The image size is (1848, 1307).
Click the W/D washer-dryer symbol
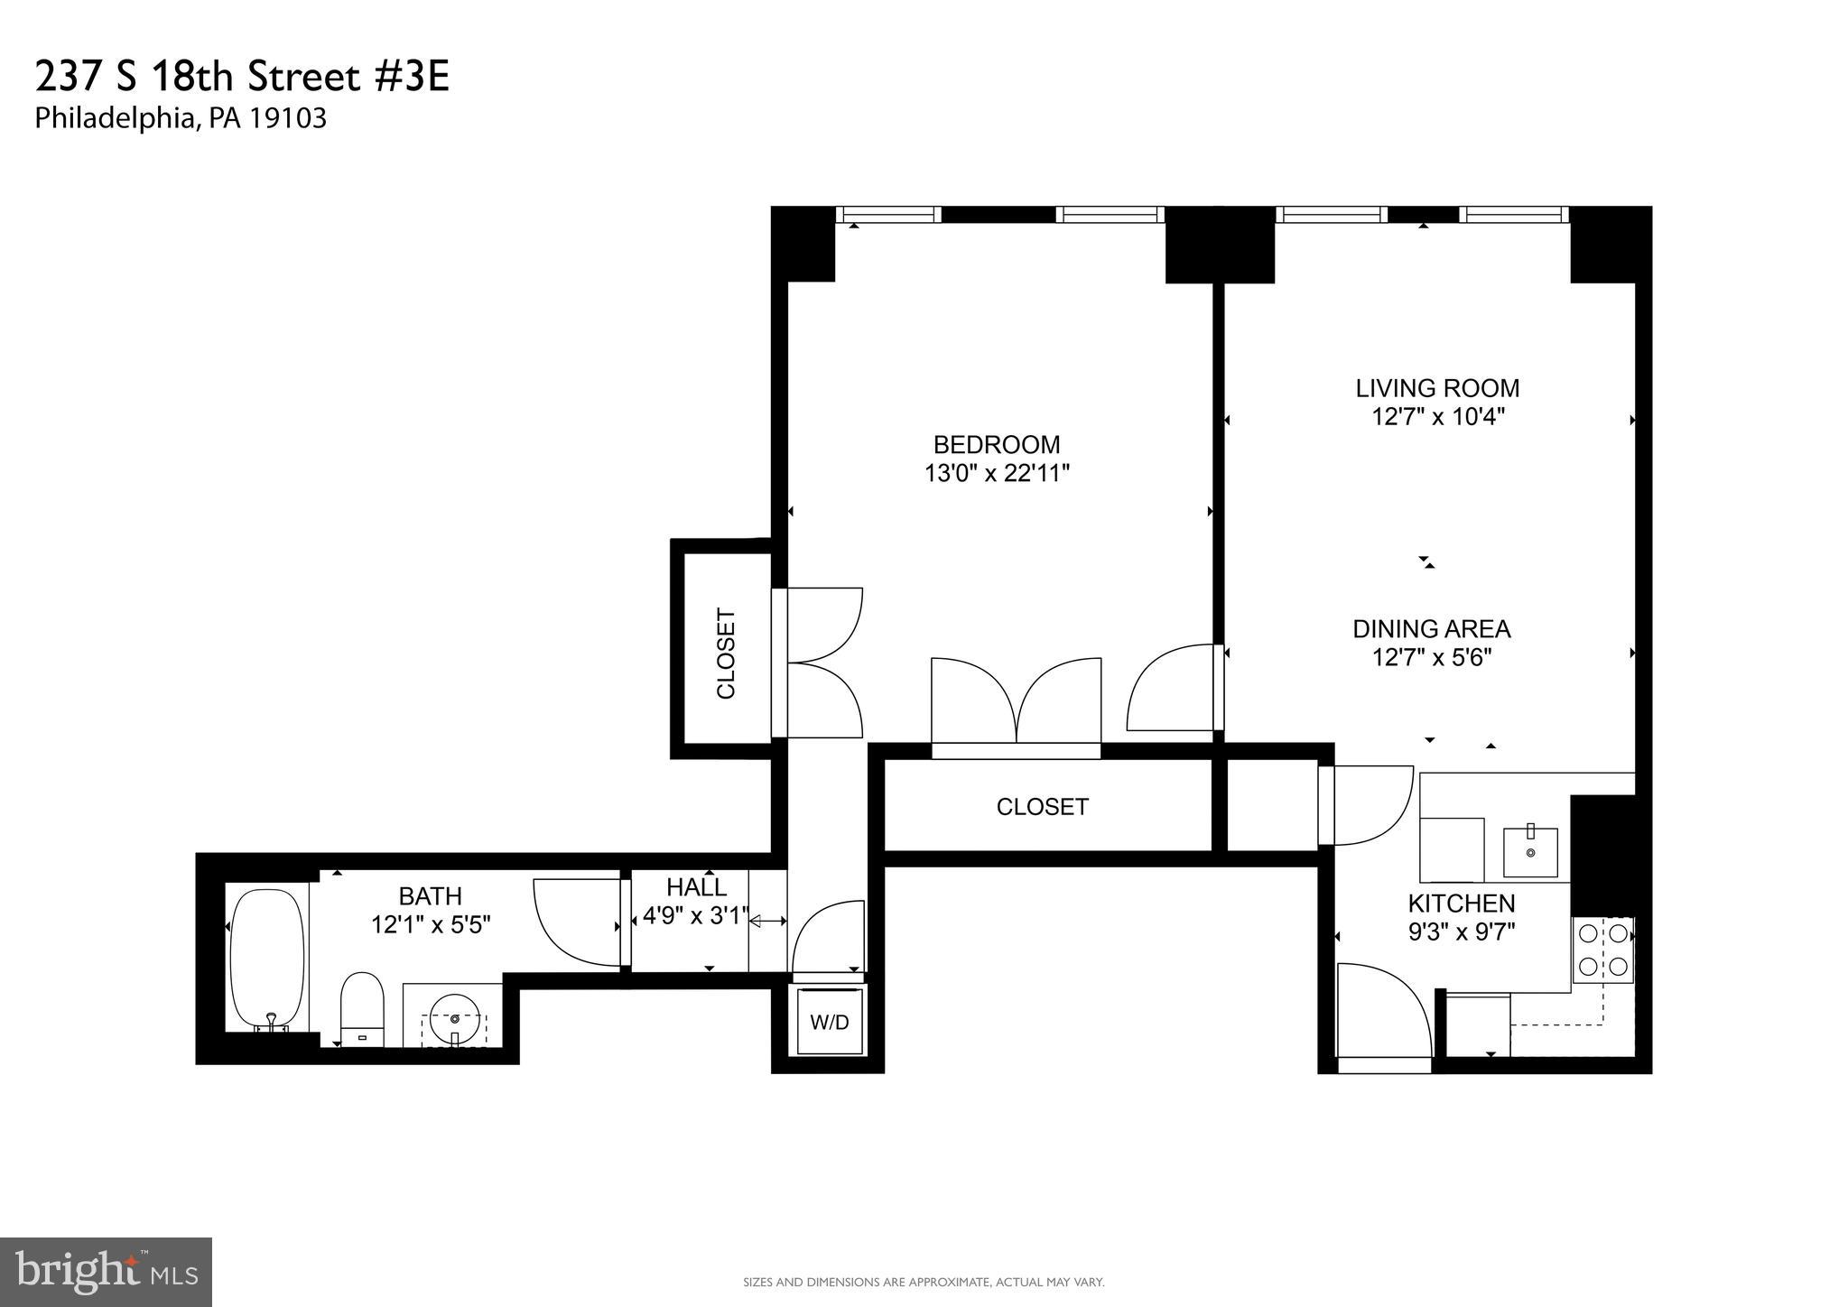829,1022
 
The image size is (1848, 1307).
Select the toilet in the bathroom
362,1009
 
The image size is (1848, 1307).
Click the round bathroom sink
454,1019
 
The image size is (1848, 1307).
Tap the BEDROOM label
996,444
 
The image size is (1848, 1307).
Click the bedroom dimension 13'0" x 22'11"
996,473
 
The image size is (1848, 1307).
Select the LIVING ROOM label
1437,388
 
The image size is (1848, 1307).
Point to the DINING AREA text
1431,628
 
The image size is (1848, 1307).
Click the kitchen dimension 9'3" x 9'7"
1461,932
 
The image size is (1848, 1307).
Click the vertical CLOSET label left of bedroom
726,653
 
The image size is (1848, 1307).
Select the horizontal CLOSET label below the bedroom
1042,806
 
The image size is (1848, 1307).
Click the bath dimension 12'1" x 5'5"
431,924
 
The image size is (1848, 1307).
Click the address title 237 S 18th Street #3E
242,78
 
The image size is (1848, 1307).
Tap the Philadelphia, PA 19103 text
181,118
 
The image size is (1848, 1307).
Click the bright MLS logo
106,1272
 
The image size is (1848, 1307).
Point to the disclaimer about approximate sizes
923,1282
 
